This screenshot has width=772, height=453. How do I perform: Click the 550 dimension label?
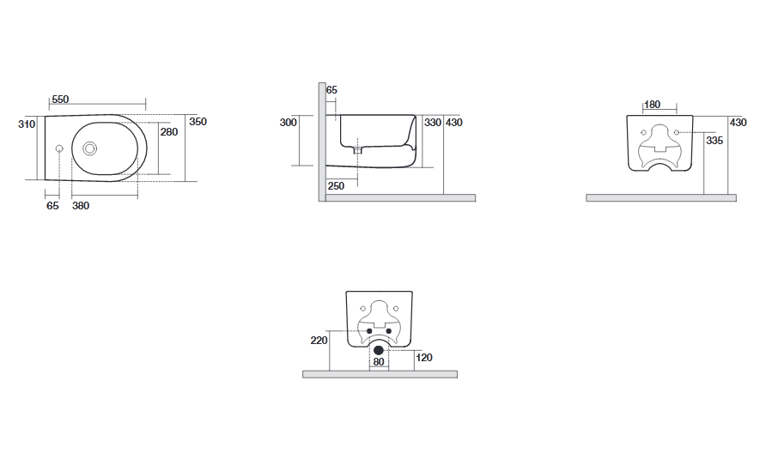(60, 100)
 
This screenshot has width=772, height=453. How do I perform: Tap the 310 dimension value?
(27, 124)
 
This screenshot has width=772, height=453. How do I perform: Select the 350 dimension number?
(198, 122)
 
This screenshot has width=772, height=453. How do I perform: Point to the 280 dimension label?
(169, 132)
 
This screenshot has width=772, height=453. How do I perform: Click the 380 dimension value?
(81, 206)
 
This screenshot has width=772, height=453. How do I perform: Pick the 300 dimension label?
(288, 123)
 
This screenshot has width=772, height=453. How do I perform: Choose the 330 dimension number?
(433, 123)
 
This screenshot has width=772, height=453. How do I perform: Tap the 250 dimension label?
(336, 186)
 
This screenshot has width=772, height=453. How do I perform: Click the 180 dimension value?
(652, 105)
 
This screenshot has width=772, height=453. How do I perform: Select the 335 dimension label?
(714, 141)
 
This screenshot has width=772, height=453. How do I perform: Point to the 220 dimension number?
(319, 340)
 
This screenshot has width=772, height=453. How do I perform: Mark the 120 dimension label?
(424, 358)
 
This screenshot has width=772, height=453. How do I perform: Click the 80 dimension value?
(378, 362)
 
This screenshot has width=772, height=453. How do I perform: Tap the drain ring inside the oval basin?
(89, 148)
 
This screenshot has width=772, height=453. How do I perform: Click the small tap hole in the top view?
(59, 148)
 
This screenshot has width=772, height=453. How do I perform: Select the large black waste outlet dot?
(378, 350)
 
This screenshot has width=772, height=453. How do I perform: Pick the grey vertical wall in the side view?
(322, 142)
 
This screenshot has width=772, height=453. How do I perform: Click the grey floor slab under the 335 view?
(661, 197)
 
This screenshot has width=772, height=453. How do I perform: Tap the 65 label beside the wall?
(331, 90)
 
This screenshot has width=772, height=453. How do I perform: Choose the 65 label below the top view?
(52, 206)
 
